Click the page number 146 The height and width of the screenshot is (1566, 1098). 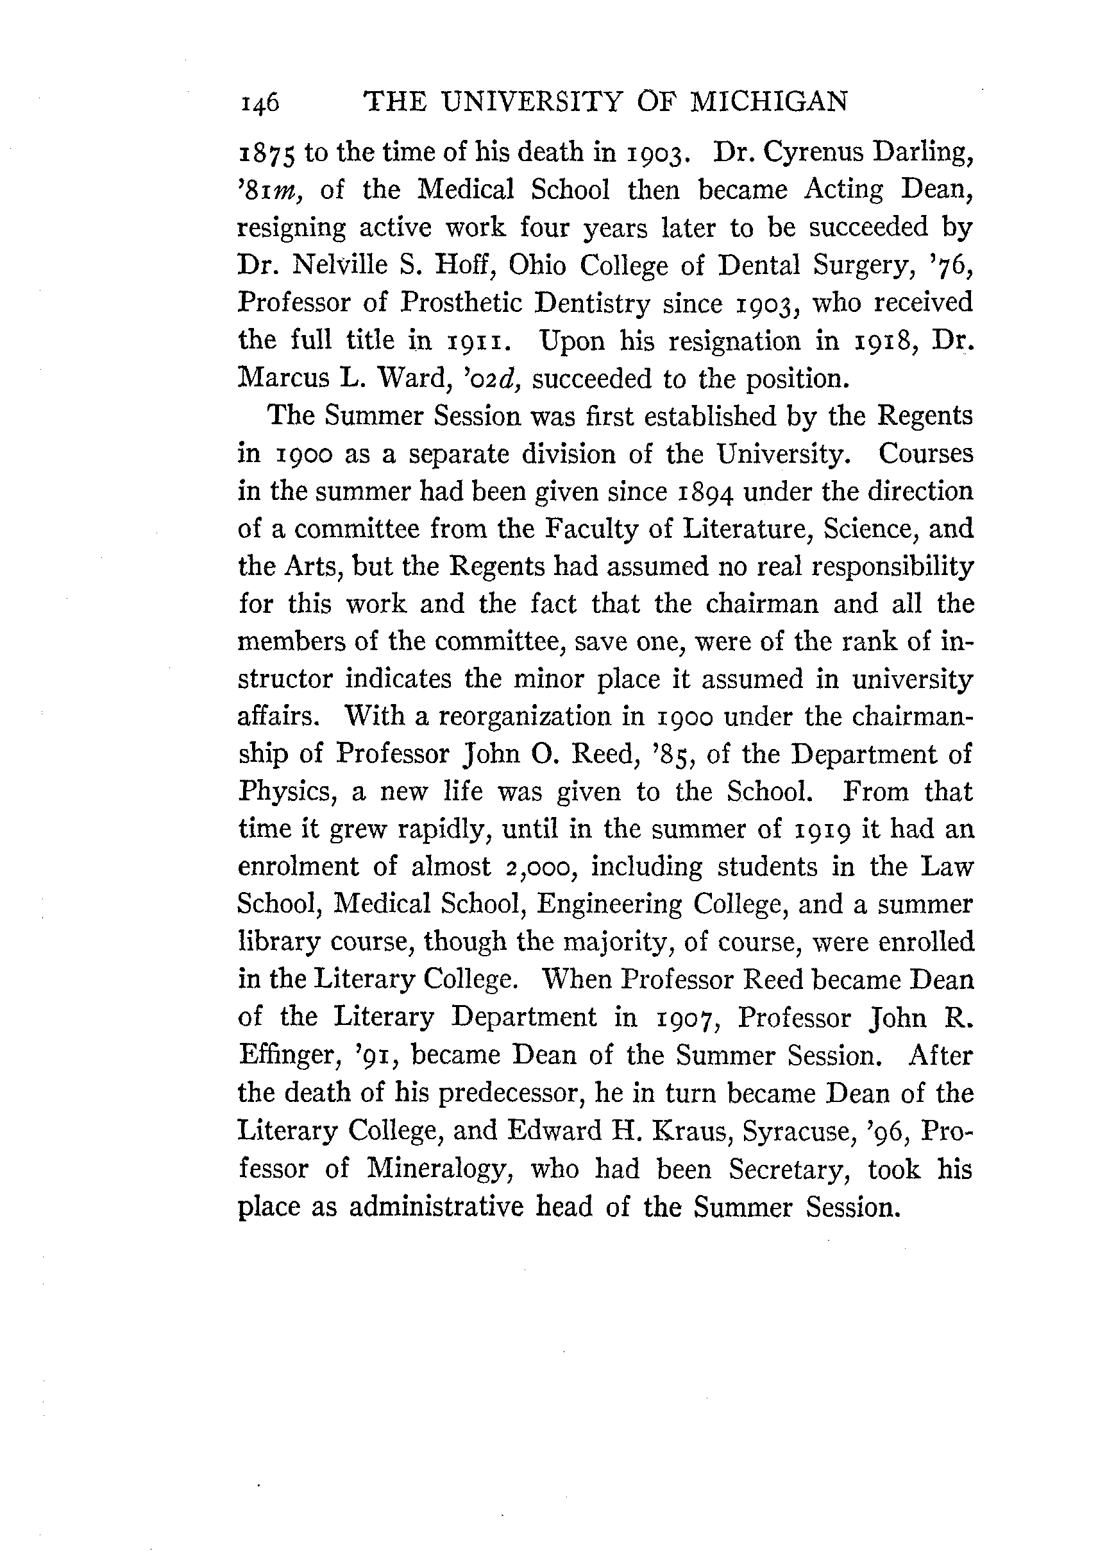(x=260, y=103)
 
